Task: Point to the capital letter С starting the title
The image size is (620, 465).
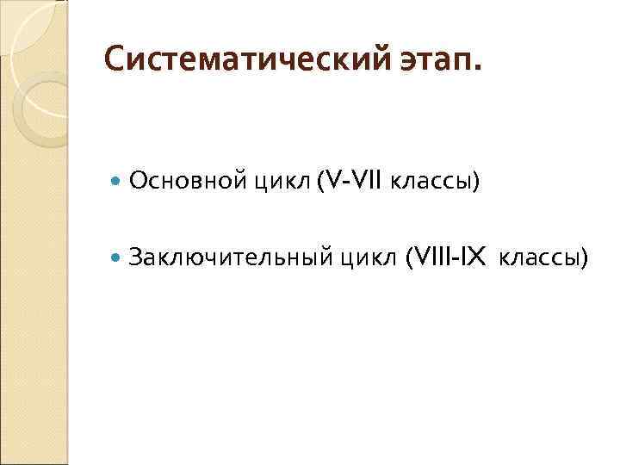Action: click(113, 61)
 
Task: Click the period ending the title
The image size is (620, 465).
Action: click(480, 70)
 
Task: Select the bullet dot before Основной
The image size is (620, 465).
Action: click(116, 182)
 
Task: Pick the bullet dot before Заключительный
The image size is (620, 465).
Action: click(116, 256)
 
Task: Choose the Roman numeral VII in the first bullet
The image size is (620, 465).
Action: click(366, 181)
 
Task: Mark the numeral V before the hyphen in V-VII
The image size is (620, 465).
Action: click(332, 181)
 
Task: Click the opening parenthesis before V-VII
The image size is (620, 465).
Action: click(319, 182)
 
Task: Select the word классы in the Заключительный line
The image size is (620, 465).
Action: click(539, 256)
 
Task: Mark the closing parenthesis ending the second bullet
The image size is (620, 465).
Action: click(585, 256)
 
